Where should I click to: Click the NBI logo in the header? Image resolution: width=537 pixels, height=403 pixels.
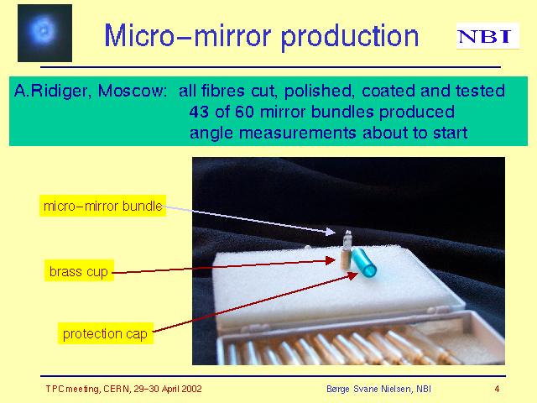pyautogui.click(x=487, y=35)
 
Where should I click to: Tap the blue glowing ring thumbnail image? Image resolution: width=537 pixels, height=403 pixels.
pyautogui.click(x=44, y=34)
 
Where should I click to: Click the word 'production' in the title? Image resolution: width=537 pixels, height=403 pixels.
pyautogui.click(x=350, y=36)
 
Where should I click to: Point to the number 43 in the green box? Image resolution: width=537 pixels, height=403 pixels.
pyautogui.click(x=199, y=112)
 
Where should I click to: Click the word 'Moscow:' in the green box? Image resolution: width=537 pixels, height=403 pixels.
pyautogui.click(x=133, y=92)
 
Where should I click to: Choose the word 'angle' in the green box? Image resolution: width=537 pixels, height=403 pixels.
pyautogui.click(x=211, y=133)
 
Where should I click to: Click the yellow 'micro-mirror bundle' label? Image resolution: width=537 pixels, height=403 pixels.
pyautogui.click(x=102, y=206)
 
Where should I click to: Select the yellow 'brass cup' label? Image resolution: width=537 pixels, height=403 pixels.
pyautogui.click(x=79, y=271)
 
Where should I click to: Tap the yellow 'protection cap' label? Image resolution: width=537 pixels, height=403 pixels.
pyautogui.click(x=105, y=333)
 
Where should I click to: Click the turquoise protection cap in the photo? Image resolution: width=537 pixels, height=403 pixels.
pyautogui.click(x=363, y=262)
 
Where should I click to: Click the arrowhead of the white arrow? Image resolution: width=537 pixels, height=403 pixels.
pyautogui.click(x=330, y=232)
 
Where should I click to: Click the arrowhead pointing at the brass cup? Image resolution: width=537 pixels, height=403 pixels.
pyautogui.click(x=330, y=260)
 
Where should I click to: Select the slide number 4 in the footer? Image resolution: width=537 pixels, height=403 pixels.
pyautogui.click(x=497, y=389)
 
